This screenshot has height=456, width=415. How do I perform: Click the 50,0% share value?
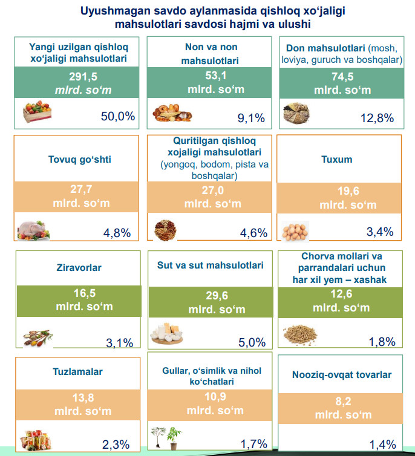[x=117, y=116]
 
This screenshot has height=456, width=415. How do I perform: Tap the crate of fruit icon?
[x=38, y=112]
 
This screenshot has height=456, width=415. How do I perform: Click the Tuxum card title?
[x=337, y=160]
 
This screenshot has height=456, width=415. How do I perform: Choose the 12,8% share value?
[x=377, y=118]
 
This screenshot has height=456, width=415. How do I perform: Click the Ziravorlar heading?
[x=79, y=267]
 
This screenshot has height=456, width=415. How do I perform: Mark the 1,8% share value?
[x=382, y=342]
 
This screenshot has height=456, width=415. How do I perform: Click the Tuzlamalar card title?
[x=77, y=372]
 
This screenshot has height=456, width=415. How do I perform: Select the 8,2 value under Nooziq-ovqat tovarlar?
[x=342, y=401]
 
